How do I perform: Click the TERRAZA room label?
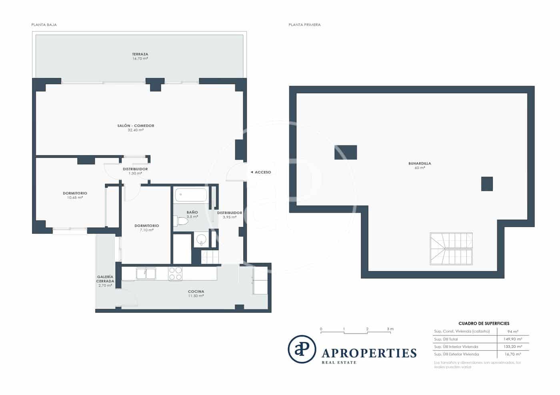point(140,54)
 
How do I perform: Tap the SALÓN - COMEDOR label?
point(136,126)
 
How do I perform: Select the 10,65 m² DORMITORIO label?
point(75,193)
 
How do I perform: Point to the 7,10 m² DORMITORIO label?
point(146,226)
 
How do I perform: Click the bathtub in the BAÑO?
point(191,195)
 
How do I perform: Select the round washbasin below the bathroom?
point(202,240)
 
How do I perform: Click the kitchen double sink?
point(146,274)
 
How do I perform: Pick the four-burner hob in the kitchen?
point(175,274)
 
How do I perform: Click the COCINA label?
point(196,292)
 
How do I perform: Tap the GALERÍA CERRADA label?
point(105,279)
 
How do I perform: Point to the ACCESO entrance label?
point(261,172)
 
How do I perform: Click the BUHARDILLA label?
point(420,164)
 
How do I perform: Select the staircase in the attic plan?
point(451,248)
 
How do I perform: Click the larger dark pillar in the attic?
point(345,153)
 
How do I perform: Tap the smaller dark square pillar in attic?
point(487,184)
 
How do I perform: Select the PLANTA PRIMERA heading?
point(304,25)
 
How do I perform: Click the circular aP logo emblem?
point(302,349)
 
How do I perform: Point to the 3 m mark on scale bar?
point(390,329)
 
